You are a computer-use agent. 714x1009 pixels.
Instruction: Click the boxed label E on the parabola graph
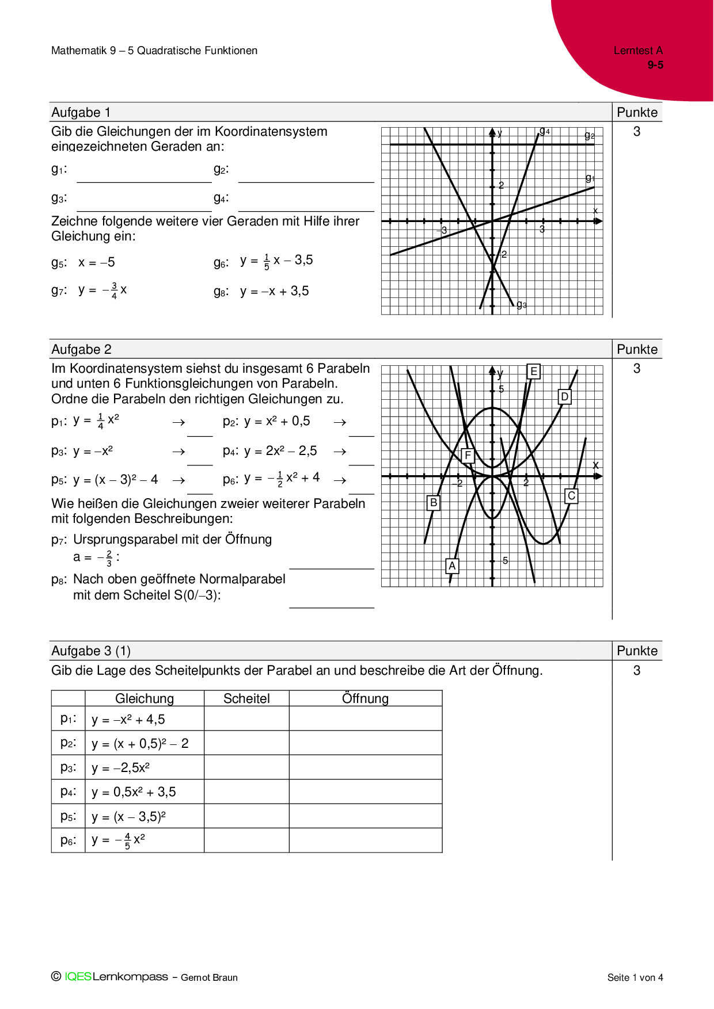(x=534, y=372)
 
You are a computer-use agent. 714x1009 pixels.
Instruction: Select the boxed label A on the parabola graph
(x=452, y=566)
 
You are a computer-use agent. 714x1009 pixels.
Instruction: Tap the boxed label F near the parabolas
(x=468, y=456)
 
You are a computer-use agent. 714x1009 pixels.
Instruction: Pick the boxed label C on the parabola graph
(x=571, y=496)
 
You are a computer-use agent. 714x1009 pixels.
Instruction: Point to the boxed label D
(x=565, y=397)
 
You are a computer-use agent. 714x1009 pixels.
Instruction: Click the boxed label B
(x=434, y=503)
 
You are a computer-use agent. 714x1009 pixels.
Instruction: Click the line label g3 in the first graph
(x=522, y=305)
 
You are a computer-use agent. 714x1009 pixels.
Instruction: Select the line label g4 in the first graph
(x=545, y=132)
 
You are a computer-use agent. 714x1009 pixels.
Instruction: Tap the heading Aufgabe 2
(x=81, y=349)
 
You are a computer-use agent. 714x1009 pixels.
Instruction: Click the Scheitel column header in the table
(x=246, y=698)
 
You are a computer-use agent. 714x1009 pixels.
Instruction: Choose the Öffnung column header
(x=365, y=698)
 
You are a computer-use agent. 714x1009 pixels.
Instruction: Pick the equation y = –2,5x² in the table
(x=121, y=767)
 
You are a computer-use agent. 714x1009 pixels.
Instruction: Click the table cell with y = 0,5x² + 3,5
(x=134, y=792)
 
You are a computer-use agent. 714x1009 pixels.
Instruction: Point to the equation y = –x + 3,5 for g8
(x=274, y=291)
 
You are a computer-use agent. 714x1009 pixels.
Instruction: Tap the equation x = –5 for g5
(x=97, y=262)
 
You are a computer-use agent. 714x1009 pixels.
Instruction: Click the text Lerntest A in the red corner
(x=638, y=51)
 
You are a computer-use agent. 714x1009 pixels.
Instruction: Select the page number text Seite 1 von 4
(x=635, y=977)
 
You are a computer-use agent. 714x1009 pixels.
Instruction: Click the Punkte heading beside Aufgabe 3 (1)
(x=637, y=651)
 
